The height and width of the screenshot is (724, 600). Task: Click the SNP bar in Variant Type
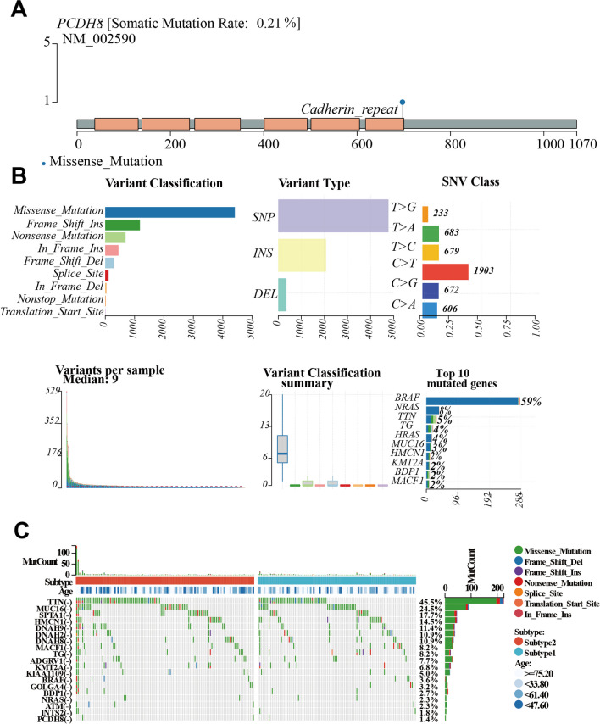coord(333,215)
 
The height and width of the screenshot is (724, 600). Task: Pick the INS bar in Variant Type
coord(302,255)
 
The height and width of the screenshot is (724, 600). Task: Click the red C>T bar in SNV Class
coord(445,271)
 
